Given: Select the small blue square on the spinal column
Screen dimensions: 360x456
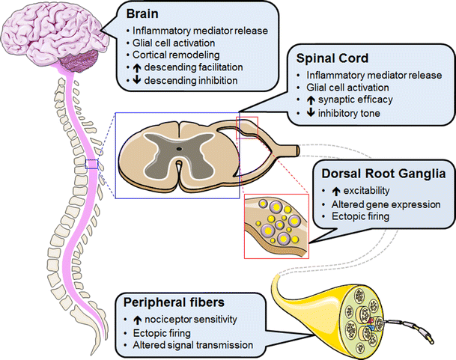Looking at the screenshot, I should coord(91,164).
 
